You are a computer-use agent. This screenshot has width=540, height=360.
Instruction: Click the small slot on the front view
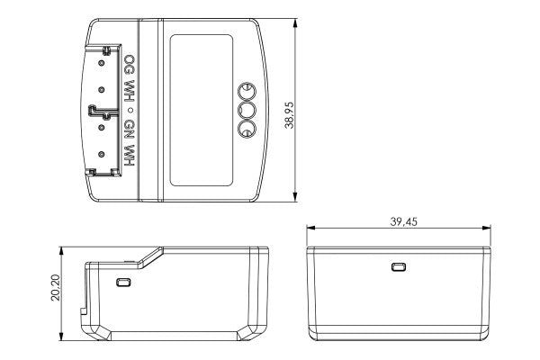pos(398,266)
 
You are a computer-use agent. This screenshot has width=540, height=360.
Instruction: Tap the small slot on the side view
pos(124,283)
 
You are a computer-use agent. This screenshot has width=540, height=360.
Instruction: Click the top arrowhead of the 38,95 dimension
pos(298,20)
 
